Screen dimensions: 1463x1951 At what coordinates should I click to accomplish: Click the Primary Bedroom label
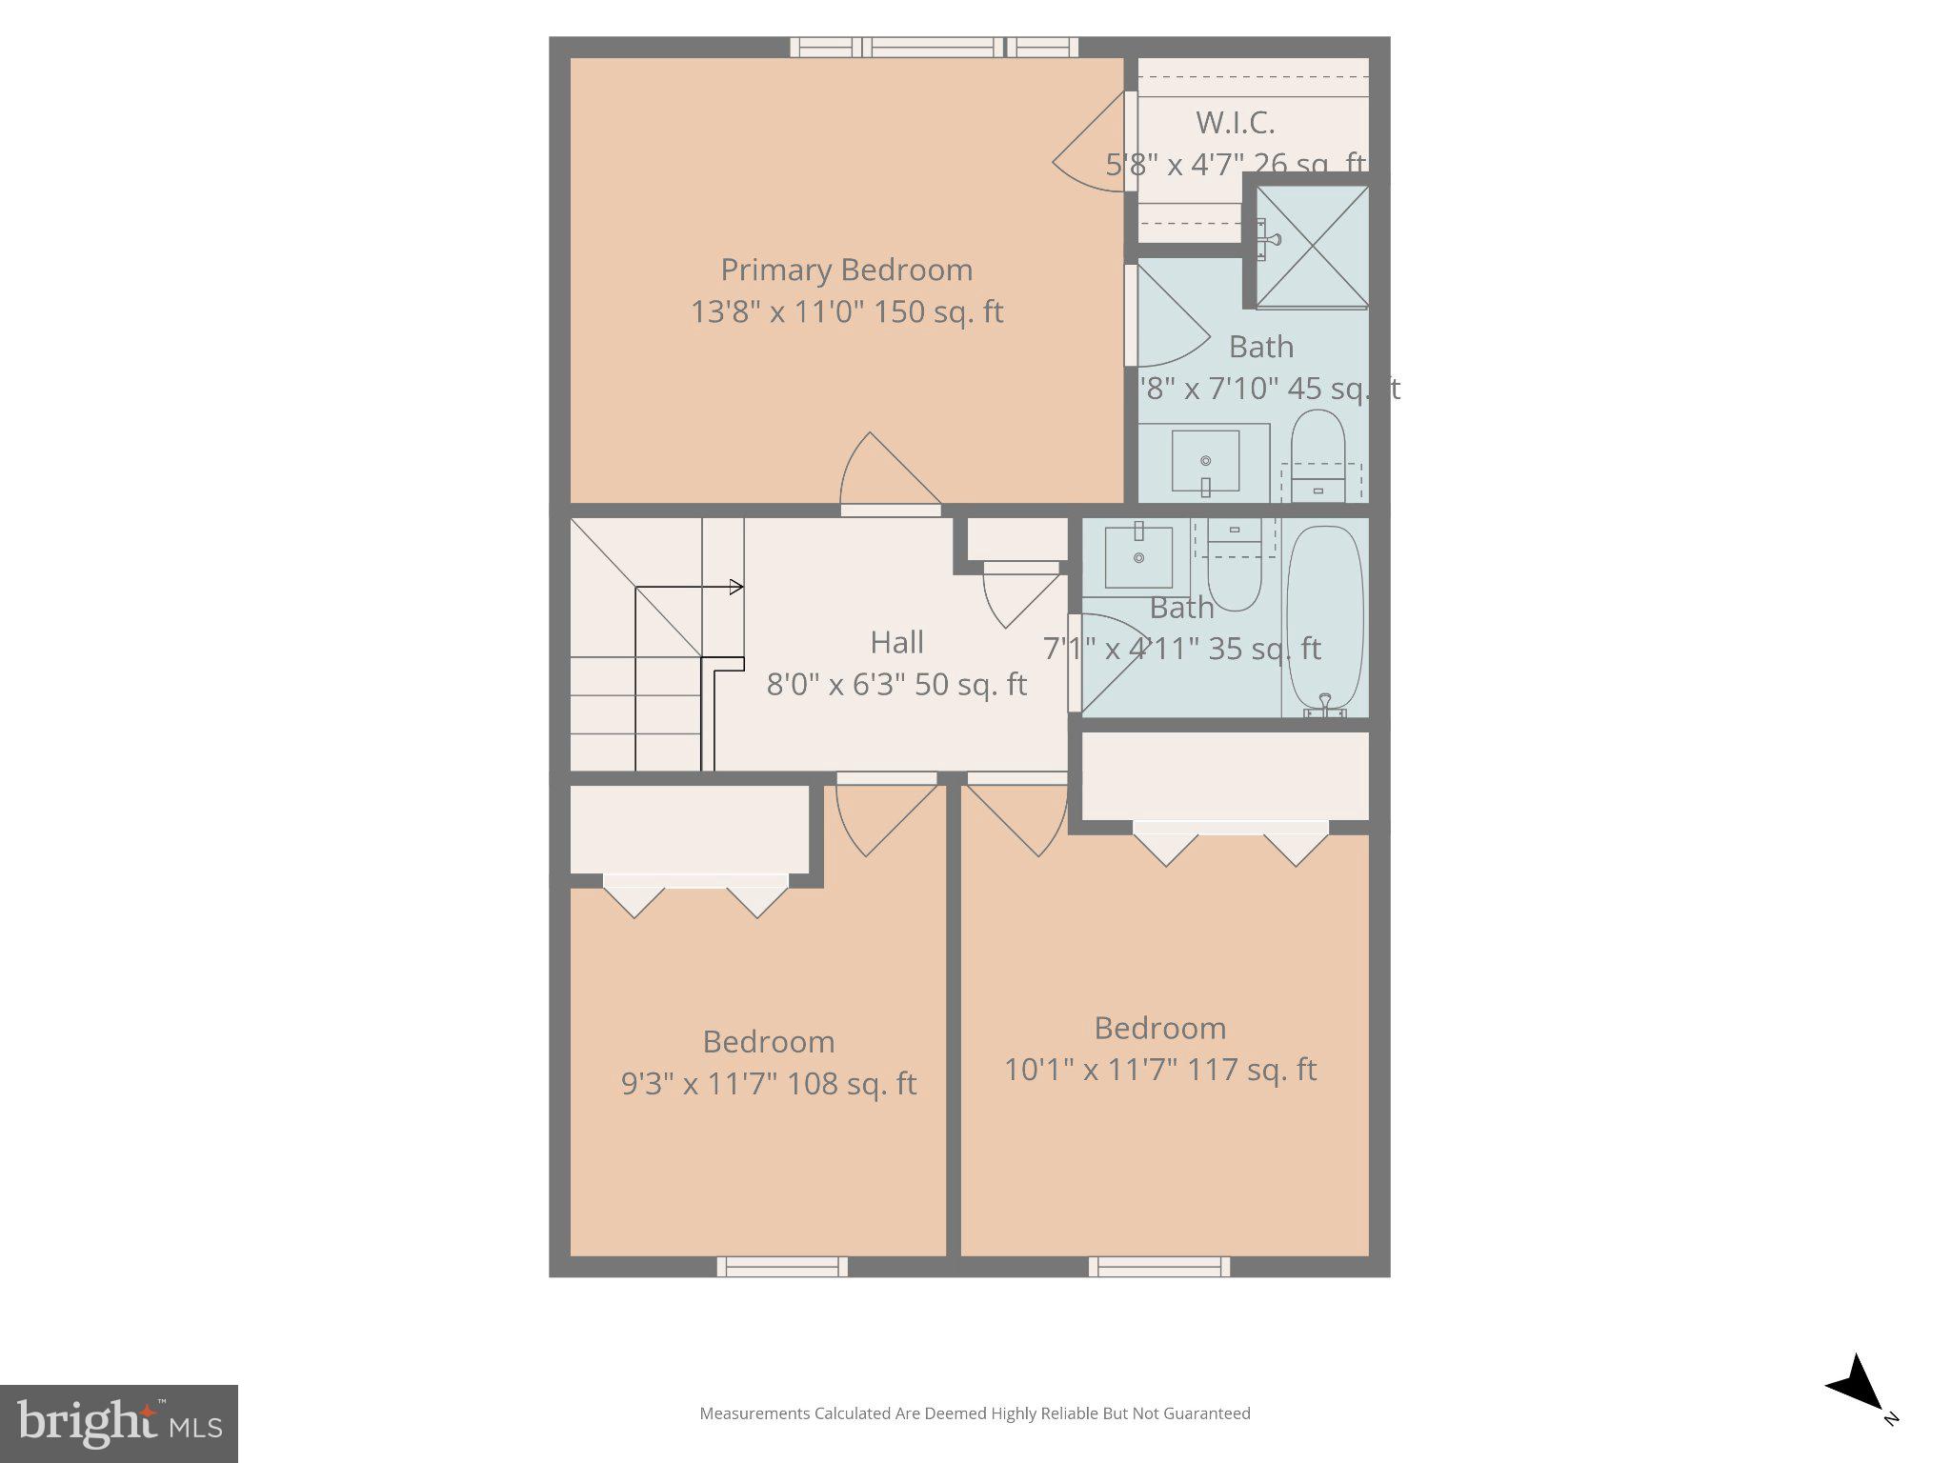(x=846, y=271)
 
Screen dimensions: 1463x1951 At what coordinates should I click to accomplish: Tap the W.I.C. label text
(x=1235, y=123)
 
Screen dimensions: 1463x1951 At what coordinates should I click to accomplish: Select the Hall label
(x=896, y=643)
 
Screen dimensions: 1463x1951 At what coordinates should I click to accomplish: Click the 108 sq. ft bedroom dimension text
(x=768, y=1084)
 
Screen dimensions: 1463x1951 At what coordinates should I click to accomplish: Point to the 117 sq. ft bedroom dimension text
(x=1160, y=1070)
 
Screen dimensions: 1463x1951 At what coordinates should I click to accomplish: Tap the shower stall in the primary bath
(x=1312, y=247)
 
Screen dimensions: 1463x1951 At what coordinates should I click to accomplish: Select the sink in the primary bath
(x=1205, y=461)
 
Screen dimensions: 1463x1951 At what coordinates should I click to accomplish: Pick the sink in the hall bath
(x=1138, y=557)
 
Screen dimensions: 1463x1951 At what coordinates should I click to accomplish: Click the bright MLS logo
(x=119, y=1423)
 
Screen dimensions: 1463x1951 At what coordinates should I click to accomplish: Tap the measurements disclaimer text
(x=975, y=1413)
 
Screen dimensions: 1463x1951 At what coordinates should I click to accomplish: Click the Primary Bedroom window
(x=934, y=47)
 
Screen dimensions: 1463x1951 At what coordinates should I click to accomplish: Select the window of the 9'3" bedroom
(x=782, y=1267)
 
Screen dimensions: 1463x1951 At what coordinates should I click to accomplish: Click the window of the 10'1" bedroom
(x=1159, y=1267)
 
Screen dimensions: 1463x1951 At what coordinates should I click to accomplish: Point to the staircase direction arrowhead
(x=735, y=587)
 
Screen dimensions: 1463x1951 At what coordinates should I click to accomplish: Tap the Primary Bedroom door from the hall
(x=889, y=476)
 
